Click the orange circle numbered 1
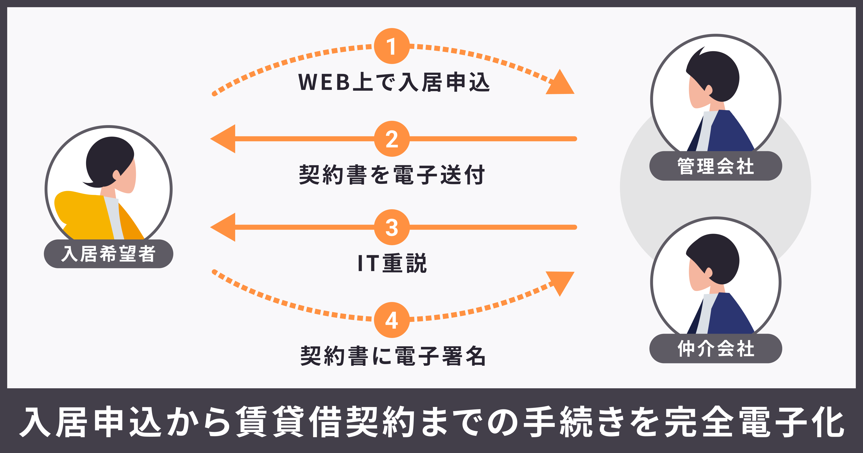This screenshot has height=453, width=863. (392, 46)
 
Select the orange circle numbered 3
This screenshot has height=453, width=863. (392, 227)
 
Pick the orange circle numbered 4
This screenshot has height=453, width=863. (392, 320)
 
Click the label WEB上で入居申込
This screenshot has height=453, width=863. (394, 82)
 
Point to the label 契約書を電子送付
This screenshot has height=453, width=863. (392, 174)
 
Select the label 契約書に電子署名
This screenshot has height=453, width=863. (393, 356)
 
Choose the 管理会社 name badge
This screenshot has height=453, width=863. (716, 166)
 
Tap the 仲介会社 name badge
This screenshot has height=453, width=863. (716, 348)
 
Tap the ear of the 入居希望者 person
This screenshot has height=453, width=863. (116, 174)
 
